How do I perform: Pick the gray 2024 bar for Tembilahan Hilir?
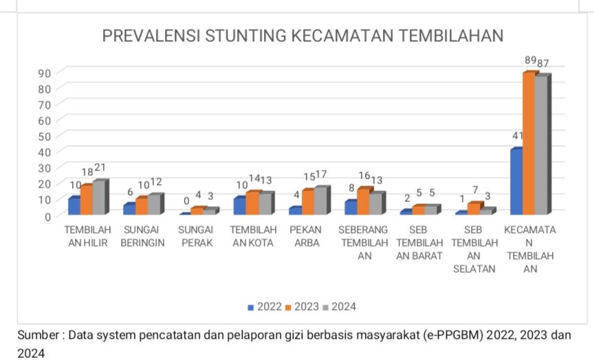99,197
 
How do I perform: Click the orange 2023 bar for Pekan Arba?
307,201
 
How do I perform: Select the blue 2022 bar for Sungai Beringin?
129,209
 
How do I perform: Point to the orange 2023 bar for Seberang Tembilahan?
363,201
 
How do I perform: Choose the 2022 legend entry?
265,306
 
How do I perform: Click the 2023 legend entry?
302,306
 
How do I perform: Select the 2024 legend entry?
340,306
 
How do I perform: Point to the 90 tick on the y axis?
44,73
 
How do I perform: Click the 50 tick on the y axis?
44,135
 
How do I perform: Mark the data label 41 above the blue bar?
518,135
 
